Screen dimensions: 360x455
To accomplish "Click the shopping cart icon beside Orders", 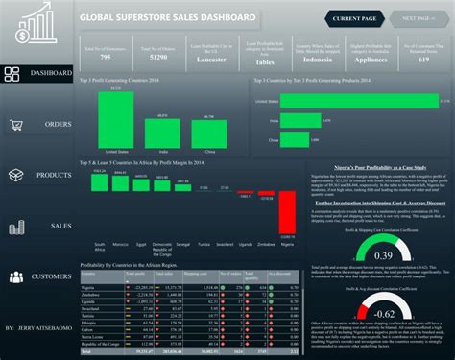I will tap(15, 125).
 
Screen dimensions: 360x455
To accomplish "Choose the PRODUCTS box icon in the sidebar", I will tap(15, 176).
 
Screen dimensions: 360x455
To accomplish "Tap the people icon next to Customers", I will tap(15, 276).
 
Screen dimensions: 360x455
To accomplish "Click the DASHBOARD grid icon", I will tap(13, 75).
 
